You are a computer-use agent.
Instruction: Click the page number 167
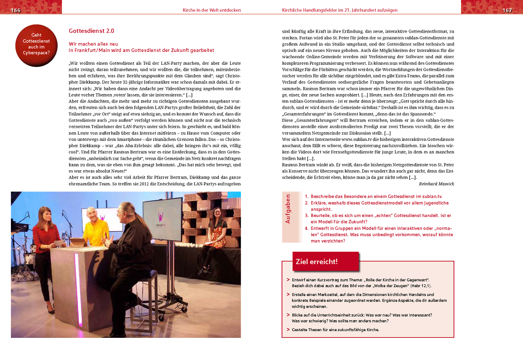(x=507, y=10)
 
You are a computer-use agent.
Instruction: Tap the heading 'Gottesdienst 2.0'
(x=91, y=31)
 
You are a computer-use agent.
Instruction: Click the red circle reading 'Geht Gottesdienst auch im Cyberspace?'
(x=36, y=44)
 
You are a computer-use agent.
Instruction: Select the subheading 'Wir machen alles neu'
(x=93, y=44)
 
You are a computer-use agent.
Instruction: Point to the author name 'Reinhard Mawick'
(x=436, y=184)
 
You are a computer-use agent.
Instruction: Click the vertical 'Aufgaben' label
(x=288, y=209)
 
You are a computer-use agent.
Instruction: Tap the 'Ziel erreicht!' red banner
(x=316, y=262)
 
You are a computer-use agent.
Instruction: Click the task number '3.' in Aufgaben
(x=307, y=215)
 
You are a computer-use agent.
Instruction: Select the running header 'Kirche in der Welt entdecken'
(x=212, y=10)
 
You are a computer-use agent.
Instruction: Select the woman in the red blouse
(x=45, y=247)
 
